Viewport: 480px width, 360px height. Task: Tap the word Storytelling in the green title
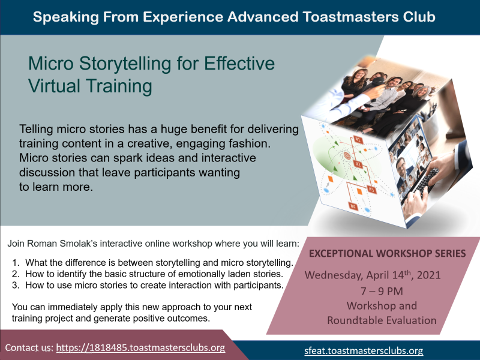click(125, 64)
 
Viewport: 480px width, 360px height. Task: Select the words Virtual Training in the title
click(90, 86)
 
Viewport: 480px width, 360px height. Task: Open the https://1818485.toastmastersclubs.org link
click(141, 348)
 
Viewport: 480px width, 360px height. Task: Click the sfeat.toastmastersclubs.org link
click(364, 350)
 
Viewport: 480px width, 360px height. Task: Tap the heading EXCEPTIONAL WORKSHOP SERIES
click(387, 253)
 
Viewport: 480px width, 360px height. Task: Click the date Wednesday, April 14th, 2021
click(373, 275)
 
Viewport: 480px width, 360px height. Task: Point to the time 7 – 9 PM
click(382, 291)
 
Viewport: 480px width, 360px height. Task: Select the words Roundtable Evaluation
click(382, 320)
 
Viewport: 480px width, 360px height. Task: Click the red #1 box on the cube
click(358, 140)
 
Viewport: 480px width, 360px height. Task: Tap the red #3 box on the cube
click(371, 190)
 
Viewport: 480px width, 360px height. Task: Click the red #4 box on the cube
click(353, 206)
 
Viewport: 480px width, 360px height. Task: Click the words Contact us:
click(29, 348)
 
